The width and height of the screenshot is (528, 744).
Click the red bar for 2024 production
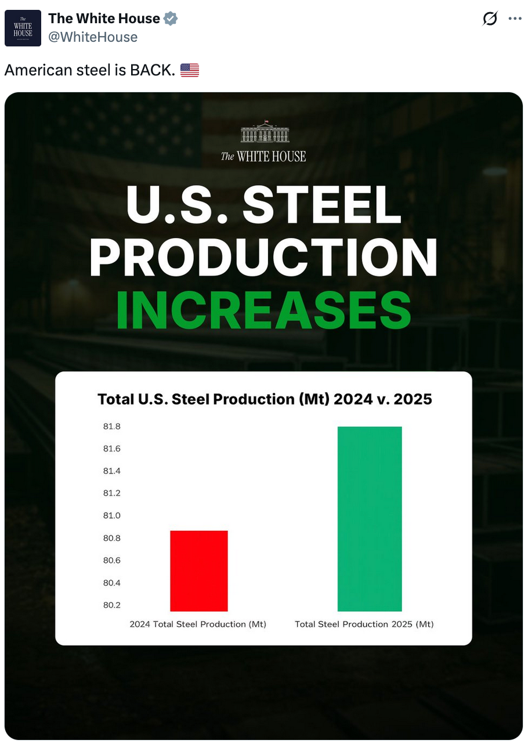click(x=198, y=570)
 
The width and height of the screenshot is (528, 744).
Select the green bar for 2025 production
click(x=369, y=518)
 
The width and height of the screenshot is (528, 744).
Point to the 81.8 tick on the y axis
click(x=112, y=427)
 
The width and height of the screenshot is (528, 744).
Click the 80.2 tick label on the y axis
click(x=112, y=605)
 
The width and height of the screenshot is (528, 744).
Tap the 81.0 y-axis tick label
click(x=112, y=515)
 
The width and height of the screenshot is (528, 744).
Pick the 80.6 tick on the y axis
click(x=112, y=560)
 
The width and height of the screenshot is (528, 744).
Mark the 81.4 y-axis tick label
click(x=112, y=471)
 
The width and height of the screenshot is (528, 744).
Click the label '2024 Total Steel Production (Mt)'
click(x=198, y=624)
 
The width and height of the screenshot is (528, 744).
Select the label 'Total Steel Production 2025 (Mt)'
click(x=364, y=624)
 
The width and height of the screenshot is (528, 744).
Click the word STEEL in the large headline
click(x=322, y=205)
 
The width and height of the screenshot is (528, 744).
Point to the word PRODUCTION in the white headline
click(x=264, y=257)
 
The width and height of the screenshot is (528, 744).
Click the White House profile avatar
click(x=23, y=28)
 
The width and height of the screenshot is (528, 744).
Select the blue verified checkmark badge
click(x=170, y=19)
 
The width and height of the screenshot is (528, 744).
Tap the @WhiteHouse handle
click(x=93, y=37)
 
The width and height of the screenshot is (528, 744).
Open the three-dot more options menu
click(x=515, y=19)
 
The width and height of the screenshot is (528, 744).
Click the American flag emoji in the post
click(x=190, y=71)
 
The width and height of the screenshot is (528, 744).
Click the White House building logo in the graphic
click(x=264, y=132)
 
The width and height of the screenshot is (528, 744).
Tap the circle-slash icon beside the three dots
click(x=490, y=19)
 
